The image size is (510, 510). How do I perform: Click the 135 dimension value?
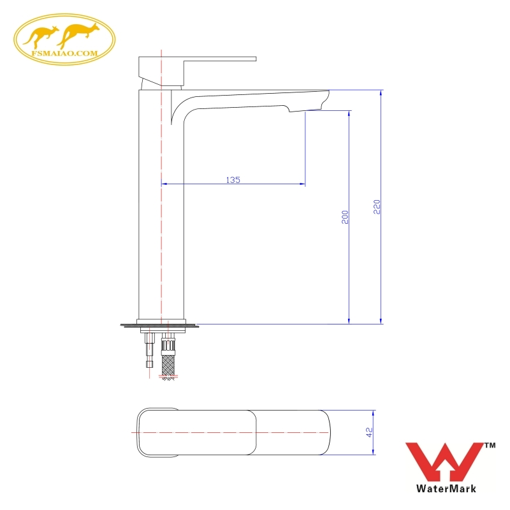pyautogui.click(x=233, y=180)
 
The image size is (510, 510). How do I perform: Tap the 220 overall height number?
pyautogui.click(x=376, y=207)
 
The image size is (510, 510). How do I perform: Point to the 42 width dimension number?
pyautogui.click(x=368, y=432)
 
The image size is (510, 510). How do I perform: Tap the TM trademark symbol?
pyautogui.click(x=490, y=445)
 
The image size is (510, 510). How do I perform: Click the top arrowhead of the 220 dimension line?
pyautogui.click(x=381, y=93)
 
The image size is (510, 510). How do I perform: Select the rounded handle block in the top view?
pyautogui.click(x=159, y=432)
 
